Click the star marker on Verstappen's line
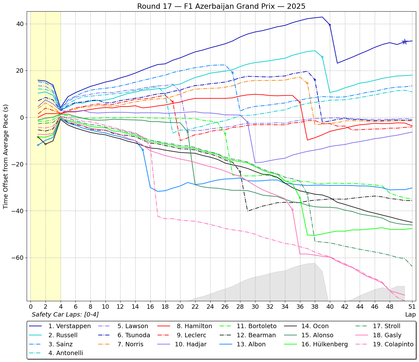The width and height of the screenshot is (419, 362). click(405, 42)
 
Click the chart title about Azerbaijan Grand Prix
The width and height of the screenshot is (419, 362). click(221, 6)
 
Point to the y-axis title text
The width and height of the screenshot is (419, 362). click(6, 157)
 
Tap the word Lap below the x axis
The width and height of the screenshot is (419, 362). click(410, 314)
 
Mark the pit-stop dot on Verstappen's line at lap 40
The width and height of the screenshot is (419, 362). click(330, 25)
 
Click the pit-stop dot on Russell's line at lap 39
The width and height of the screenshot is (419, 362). click(322, 57)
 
